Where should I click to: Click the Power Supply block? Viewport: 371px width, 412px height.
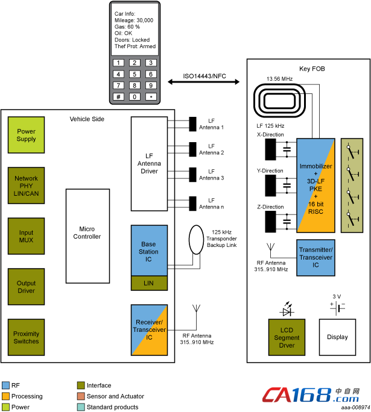pyautogui.click(x=27, y=135)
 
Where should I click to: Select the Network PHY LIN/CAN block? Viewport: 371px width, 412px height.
pyautogui.click(x=27, y=186)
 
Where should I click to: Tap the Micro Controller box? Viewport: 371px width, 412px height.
pyautogui.click(x=87, y=236)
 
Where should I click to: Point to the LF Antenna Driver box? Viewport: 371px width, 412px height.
pyautogui.click(x=149, y=164)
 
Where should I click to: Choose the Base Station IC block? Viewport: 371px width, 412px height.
pyautogui.click(x=149, y=251)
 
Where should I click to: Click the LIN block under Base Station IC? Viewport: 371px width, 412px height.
pyautogui.click(x=149, y=283)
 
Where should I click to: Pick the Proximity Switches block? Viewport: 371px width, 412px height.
pyautogui.click(x=27, y=337)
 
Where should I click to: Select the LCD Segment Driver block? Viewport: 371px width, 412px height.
pyautogui.click(x=287, y=337)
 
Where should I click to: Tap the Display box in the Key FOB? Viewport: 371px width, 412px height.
pyautogui.click(x=337, y=337)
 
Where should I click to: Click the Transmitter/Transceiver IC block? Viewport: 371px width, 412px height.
pyautogui.click(x=316, y=258)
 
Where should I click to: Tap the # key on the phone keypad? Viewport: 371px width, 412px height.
pyautogui.click(x=118, y=97)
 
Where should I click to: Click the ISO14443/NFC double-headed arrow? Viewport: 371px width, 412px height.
pyautogui.click(x=204, y=82)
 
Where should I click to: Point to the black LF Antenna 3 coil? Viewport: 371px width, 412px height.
pyautogui.click(x=192, y=175)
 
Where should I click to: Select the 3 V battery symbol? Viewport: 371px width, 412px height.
pyautogui.click(x=338, y=308)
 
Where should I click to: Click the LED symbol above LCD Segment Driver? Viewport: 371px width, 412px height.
pyautogui.click(x=287, y=309)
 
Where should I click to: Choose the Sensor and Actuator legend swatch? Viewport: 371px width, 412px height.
pyautogui.click(x=81, y=396)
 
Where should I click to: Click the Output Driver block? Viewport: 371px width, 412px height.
pyautogui.click(x=27, y=287)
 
